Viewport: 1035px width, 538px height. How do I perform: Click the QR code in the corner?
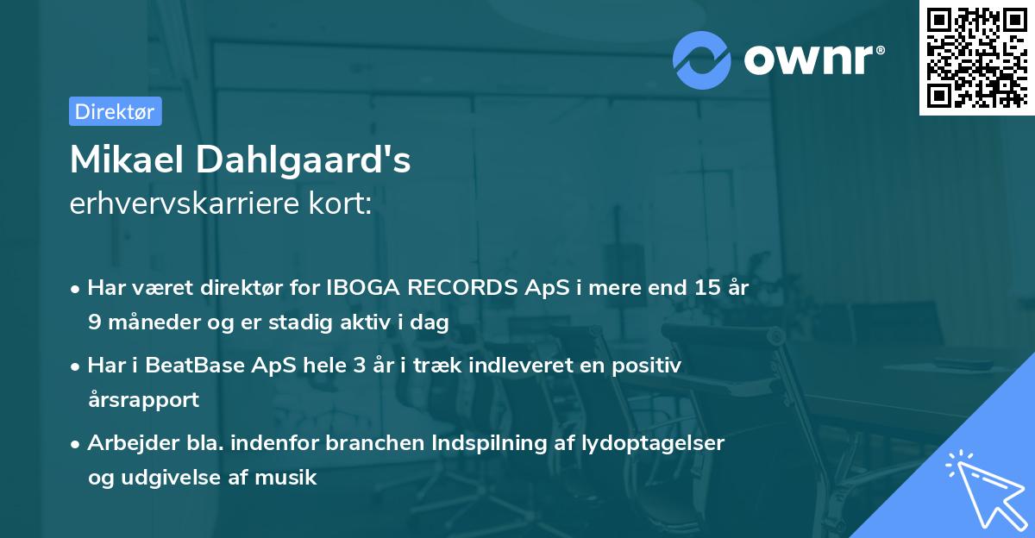click(977, 57)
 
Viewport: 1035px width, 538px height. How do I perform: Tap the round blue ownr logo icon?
click(703, 59)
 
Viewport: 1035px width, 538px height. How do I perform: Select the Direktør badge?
click(115, 111)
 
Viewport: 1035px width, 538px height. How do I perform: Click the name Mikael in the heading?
click(127, 160)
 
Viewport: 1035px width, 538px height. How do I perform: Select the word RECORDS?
click(467, 289)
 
